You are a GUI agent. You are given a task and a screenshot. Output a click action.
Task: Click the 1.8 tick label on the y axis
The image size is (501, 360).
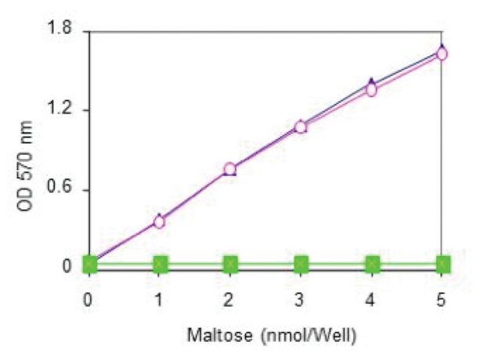[59, 31]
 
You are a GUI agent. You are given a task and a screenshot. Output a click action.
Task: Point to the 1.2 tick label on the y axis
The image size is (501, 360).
[59, 110]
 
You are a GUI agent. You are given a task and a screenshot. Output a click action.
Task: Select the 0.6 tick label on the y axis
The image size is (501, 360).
[59, 189]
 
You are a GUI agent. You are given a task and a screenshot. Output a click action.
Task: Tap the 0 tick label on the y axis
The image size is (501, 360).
[67, 268]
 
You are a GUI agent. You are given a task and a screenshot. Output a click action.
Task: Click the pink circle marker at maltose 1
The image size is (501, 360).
[159, 221]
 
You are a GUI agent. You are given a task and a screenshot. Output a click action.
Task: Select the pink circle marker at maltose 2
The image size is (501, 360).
[230, 169]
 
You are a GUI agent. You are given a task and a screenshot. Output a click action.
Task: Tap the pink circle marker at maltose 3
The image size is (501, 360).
[301, 127]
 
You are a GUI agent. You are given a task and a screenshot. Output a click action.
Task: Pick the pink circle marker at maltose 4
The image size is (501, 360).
[372, 89]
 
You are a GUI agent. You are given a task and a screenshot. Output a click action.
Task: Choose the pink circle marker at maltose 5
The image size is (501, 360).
[442, 54]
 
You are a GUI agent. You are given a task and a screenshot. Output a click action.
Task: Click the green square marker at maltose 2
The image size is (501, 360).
[230, 263]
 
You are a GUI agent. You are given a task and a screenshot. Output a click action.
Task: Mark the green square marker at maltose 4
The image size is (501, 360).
[372, 263]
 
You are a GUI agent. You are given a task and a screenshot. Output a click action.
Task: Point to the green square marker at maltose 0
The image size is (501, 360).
[89, 263]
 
